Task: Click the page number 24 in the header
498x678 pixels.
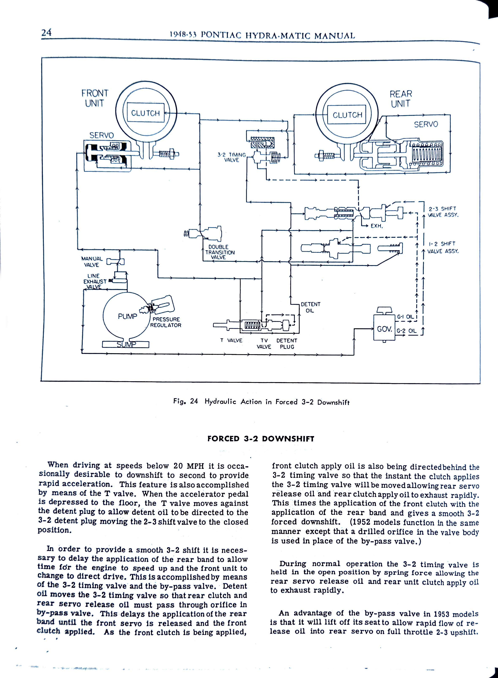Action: pos(46,32)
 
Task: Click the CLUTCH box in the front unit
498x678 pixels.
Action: pos(145,113)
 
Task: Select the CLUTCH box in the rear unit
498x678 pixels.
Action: pos(347,115)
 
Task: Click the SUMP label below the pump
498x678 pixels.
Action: pos(126,344)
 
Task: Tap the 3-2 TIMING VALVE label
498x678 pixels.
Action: pos(231,157)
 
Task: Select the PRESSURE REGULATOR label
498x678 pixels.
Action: pos(166,322)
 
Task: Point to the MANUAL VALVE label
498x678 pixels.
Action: pos(92,262)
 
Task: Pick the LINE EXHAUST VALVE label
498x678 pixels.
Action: pos(95,281)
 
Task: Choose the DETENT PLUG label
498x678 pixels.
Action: pos(287,343)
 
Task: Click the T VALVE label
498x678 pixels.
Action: pos(231,340)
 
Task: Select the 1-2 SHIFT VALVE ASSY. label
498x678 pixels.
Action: pos(442,247)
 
